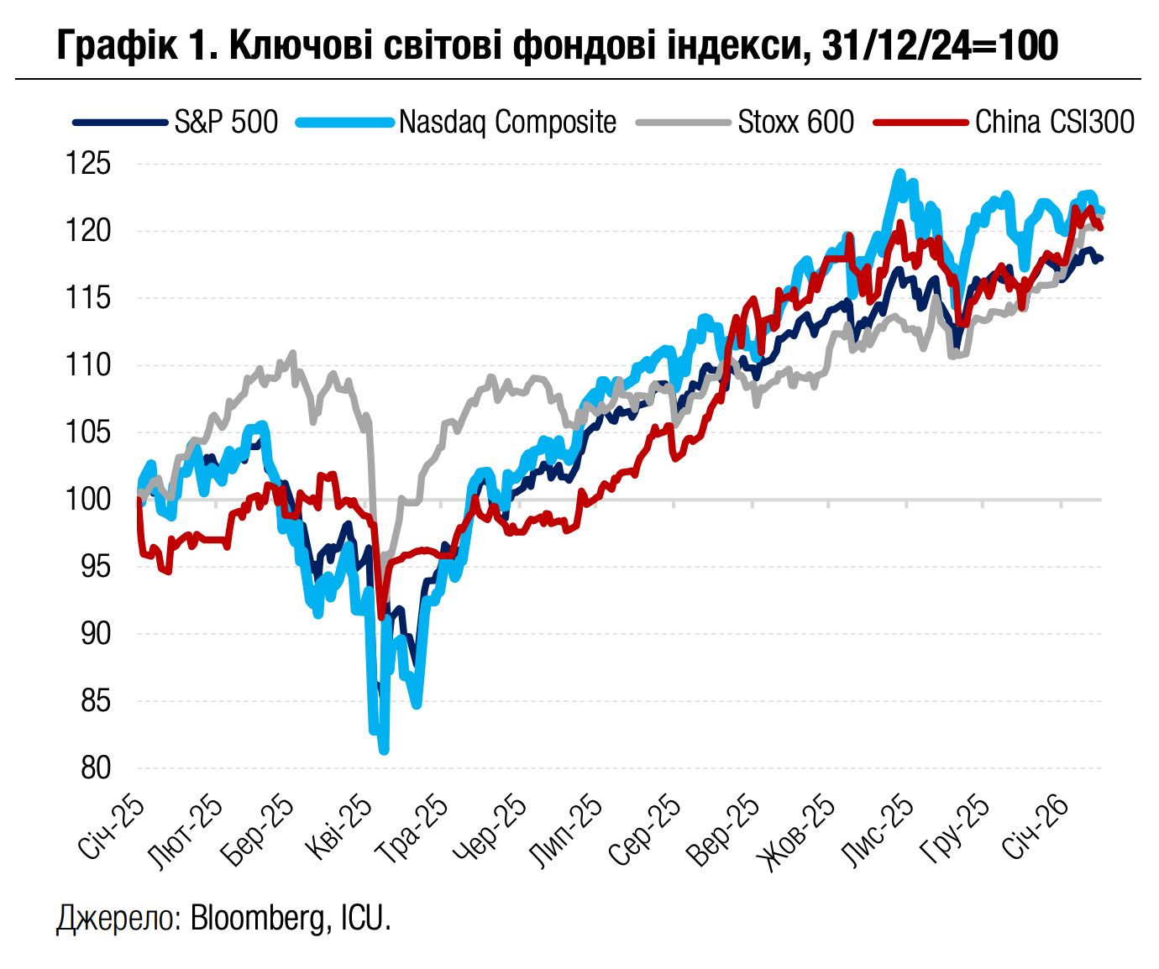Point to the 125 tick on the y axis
88,164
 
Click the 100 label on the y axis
88,499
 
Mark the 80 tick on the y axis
95,767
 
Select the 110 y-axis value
88,365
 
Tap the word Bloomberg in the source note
257,918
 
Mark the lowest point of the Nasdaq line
384,749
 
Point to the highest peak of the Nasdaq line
899,174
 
